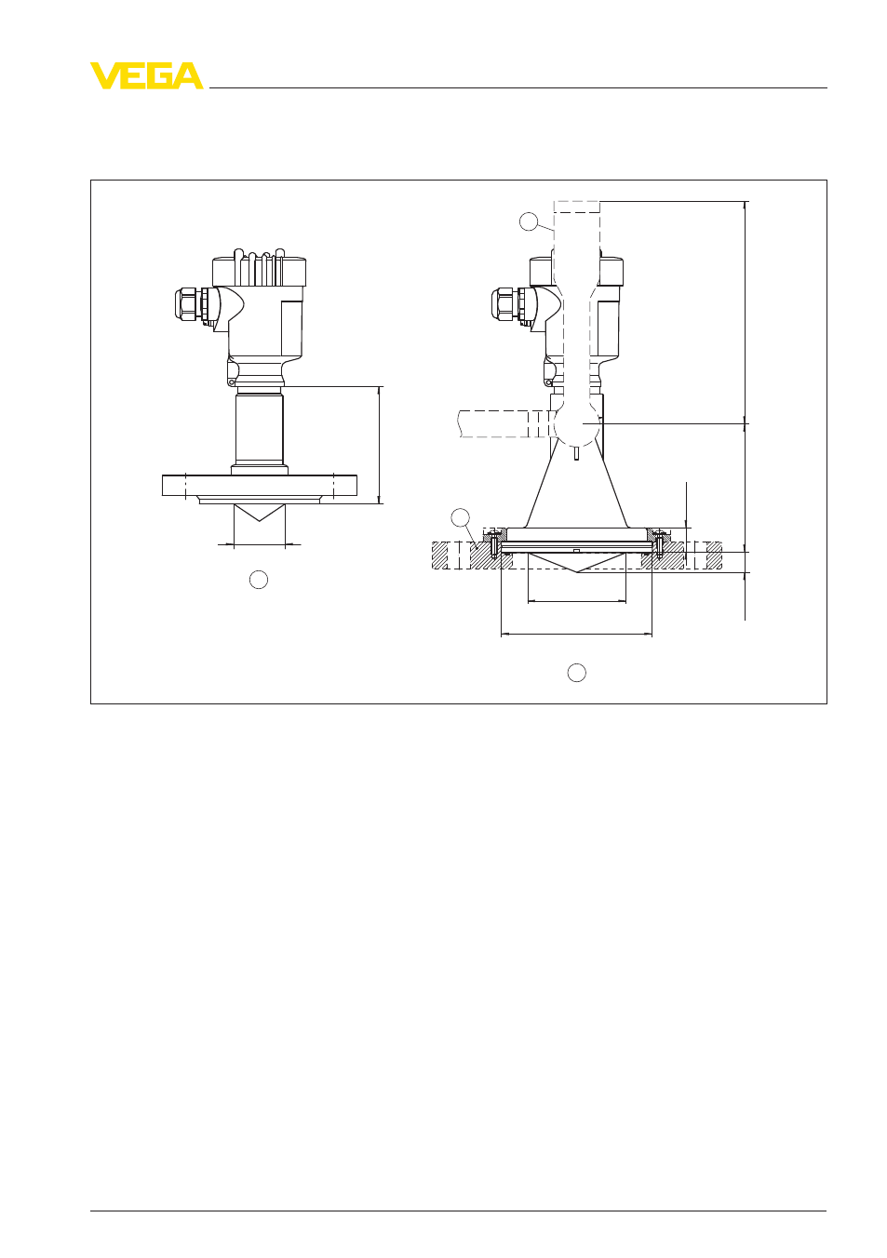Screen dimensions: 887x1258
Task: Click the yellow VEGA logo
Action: (x=147, y=75)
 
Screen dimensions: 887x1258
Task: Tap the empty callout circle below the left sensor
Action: (x=259, y=580)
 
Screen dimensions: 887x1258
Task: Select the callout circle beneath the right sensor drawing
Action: (x=576, y=672)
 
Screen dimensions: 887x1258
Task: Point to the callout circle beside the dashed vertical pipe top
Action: (x=529, y=221)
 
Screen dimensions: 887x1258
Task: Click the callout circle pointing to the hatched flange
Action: (x=460, y=517)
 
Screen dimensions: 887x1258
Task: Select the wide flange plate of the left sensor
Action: (x=260, y=485)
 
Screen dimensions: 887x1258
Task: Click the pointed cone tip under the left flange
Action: (x=259, y=521)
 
